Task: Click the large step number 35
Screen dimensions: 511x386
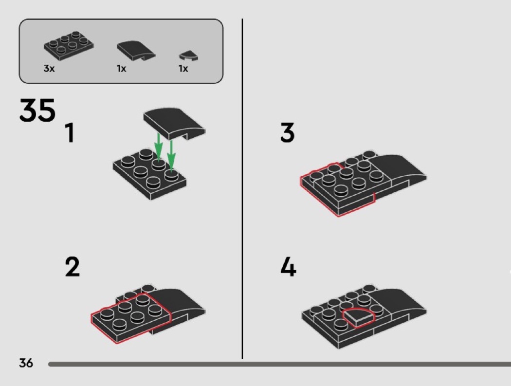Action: coord(37,110)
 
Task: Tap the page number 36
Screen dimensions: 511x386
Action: coord(26,363)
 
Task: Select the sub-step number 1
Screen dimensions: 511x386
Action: coord(70,133)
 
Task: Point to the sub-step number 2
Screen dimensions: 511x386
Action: coord(73,267)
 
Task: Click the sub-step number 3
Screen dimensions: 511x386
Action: coord(287,132)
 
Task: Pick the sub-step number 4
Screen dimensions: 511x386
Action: coord(288,267)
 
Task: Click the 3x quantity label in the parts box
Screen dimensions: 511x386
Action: coord(49,69)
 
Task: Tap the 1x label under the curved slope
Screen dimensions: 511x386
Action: coord(122,69)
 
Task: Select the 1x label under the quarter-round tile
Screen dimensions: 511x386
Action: coord(183,69)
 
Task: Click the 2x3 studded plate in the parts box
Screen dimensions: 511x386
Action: coord(69,46)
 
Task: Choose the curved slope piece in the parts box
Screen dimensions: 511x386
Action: coord(136,51)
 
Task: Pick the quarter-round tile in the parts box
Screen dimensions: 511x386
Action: coord(189,56)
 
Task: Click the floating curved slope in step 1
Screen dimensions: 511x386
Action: coord(174,123)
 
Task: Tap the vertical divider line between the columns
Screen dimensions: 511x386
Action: coord(242,189)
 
